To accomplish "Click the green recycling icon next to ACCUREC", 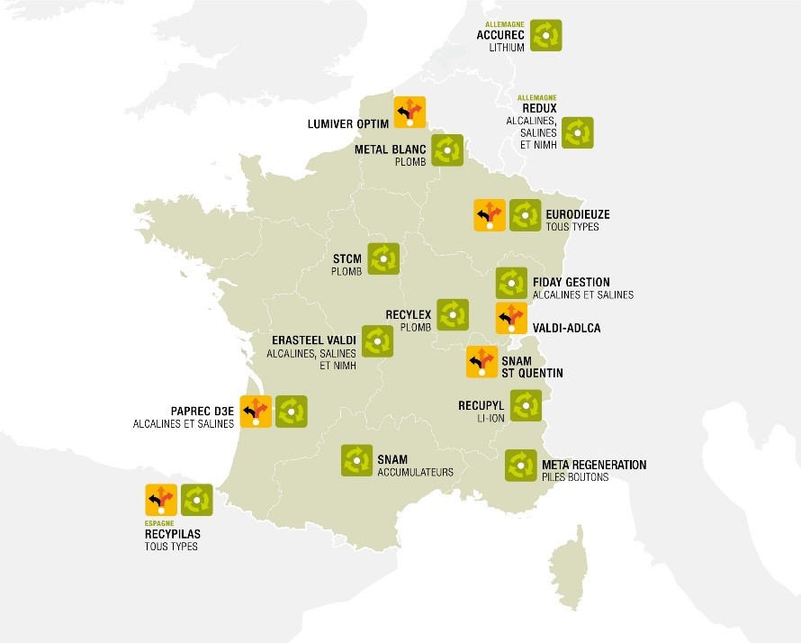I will pos(545,35).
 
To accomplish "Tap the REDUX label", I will pos(540,108).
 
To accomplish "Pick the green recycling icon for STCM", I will pos(383,258).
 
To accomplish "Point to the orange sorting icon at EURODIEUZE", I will pos(489,216).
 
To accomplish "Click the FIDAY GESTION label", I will pos(571,282).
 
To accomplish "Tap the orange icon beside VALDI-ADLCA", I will pos(511,318).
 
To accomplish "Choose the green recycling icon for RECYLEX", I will pos(452,314).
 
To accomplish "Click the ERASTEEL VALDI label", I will pos(313,340).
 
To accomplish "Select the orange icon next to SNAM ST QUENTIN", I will pos(481,361).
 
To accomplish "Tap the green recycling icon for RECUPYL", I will pos(526,405).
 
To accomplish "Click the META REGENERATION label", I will pos(594,465).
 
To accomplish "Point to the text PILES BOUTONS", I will pos(575,477).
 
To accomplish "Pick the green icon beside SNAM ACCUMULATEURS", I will pos(356,460).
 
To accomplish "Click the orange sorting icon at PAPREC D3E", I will pos(256,411).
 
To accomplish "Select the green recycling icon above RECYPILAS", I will pos(196,500).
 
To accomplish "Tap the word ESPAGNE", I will pos(160,522).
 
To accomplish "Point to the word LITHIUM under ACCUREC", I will pos(506,48).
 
